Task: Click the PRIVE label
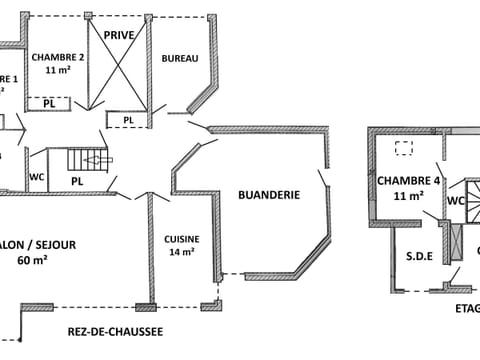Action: [119, 35]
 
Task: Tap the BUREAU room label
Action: [180, 59]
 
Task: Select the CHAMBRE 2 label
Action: [57, 57]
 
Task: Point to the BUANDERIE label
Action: [269, 196]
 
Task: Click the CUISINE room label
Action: [182, 239]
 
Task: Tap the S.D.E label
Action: [418, 255]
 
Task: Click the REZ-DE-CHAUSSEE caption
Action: [115, 331]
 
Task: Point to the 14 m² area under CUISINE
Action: [182, 252]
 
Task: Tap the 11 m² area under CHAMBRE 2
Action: [57, 71]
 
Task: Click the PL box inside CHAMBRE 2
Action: [48, 103]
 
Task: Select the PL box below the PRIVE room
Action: [128, 121]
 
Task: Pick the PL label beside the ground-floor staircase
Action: [76, 181]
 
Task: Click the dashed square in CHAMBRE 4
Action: [404, 148]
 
